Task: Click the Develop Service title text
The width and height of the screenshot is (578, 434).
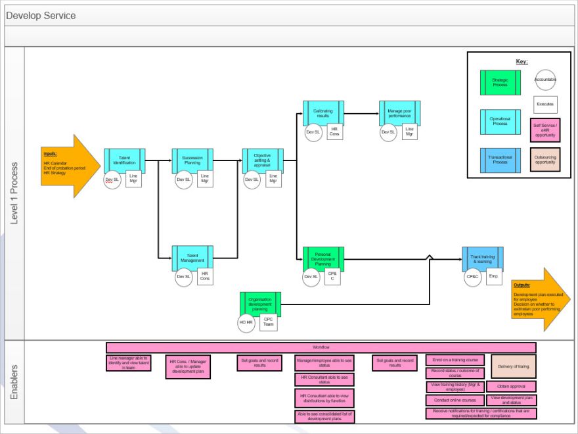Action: (41, 15)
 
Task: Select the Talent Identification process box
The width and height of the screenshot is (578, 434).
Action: (124, 160)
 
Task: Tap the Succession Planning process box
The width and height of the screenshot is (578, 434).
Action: (192, 160)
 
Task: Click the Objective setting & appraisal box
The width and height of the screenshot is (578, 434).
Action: (262, 160)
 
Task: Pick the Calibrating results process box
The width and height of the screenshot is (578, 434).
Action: (322, 112)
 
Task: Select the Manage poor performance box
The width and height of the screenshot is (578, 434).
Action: (399, 112)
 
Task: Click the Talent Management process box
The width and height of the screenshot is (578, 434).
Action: (192, 257)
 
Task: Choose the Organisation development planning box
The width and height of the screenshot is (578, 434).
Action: (260, 304)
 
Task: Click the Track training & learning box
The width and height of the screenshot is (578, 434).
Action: (483, 258)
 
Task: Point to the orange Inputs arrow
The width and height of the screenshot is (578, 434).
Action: (70, 165)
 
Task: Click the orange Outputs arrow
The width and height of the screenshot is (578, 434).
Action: (535, 300)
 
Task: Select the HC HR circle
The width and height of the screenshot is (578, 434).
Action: (246, 322)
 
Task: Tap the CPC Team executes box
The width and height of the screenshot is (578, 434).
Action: (268, 322)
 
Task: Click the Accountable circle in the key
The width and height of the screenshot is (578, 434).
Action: (545, 80)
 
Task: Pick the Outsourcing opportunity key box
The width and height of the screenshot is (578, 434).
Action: (545, 160)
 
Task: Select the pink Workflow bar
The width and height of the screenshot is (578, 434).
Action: (321, 347)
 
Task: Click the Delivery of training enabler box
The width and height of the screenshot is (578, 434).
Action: (514, 366)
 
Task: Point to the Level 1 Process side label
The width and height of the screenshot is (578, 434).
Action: (14, 193)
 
